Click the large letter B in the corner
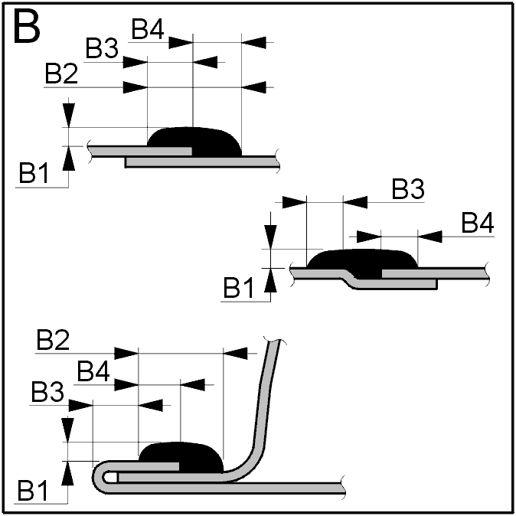(27, 26)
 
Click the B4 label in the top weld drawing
(148, 29)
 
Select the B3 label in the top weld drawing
(102, 48)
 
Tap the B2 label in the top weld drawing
(61, 73)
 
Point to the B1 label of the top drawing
(34, 172)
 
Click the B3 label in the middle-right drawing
(408, 189)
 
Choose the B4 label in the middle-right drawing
(478, 223)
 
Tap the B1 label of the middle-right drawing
(239, 288)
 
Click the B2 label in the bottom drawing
(53, 340)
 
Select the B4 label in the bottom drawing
(93, 371)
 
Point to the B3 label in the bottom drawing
(47, 392)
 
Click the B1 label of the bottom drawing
(33, 490)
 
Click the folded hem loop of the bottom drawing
(98, 477)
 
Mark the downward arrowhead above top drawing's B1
(68, 115)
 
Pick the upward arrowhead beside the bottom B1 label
(67, 473)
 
